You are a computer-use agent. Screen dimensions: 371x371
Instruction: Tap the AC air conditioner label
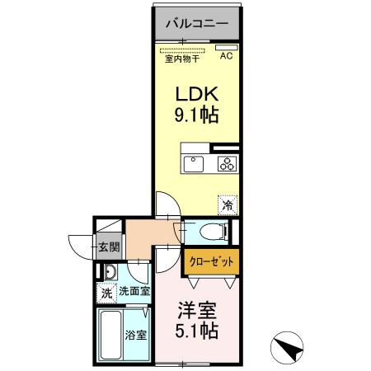(x=225, y=55)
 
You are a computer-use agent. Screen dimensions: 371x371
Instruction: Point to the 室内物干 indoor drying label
(x=182, y=58)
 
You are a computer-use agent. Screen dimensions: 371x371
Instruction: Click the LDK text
(x=196, y=93)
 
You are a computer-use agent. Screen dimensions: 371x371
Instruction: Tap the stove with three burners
(x=227, y=163)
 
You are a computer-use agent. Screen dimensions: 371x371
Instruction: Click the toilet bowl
(x=206, y=231)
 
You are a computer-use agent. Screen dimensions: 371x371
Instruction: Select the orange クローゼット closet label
(x=211, y=261)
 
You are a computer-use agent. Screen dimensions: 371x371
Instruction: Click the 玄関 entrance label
(x=110, y=246)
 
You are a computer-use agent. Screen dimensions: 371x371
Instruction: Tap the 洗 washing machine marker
(x=106, y=292)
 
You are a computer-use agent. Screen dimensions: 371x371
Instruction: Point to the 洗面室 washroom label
(x=133, y=291)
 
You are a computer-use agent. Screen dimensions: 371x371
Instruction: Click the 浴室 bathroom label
(x=135, y=336)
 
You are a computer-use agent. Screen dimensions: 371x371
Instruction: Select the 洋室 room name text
(x=199, y=312)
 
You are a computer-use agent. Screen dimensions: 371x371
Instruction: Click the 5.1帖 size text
(x=199, y=333)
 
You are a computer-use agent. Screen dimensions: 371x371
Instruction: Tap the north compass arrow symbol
(x=285, y=347)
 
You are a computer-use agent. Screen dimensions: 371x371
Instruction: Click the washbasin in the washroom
(x=108, y=271)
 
